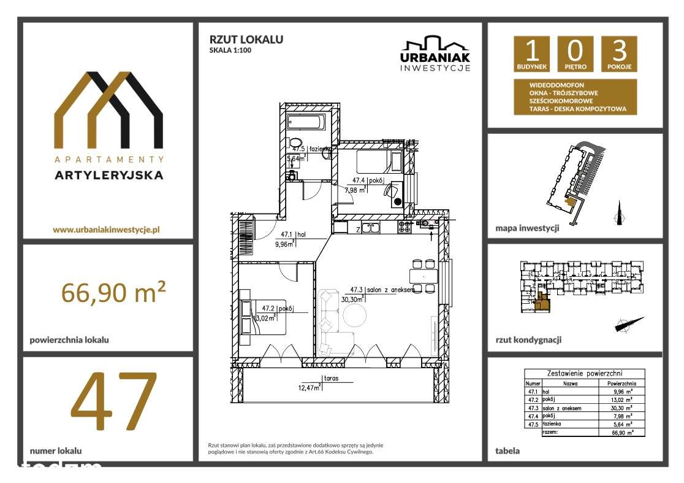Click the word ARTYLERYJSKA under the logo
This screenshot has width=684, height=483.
tap(108, 175)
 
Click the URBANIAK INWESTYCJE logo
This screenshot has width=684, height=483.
tap(435, 54)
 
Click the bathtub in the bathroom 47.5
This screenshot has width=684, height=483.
tap(305, 122)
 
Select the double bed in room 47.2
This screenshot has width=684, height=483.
tap(264, 317)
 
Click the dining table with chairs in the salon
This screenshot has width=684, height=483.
tap(423, 276)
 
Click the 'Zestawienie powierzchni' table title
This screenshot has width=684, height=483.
tap(584, 373)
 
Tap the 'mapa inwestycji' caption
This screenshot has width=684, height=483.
tap(527, 228)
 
